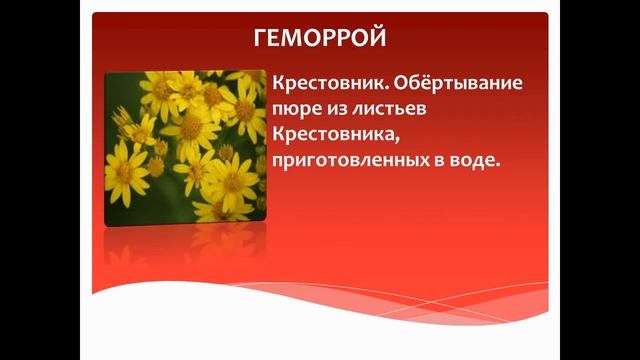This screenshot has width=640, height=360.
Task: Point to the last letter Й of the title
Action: click(377, 39)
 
